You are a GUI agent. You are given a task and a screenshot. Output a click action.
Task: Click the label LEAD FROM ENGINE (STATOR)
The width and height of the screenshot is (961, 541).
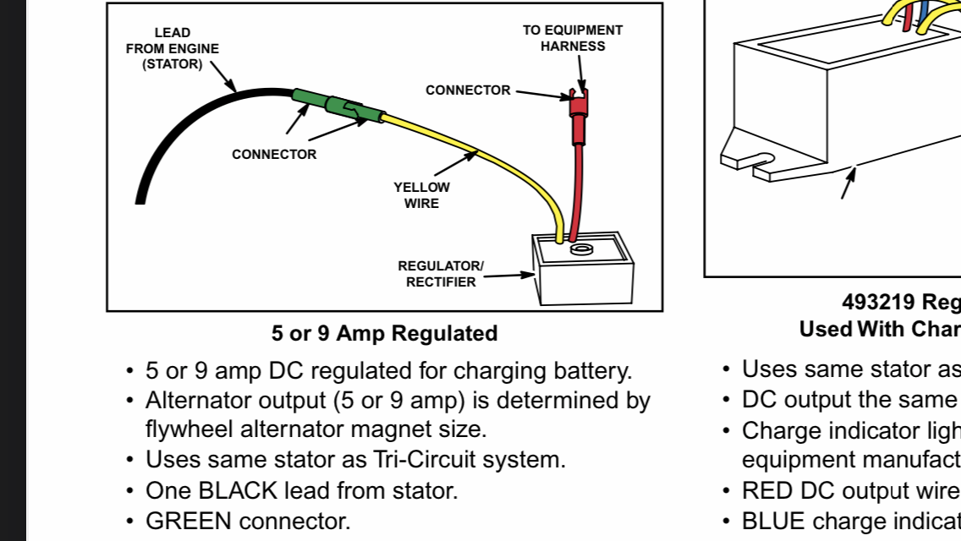173,48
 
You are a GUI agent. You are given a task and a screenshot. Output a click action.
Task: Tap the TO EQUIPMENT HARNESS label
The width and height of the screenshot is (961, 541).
572,38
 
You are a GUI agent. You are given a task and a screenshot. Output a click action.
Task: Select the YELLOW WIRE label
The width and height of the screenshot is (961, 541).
421,195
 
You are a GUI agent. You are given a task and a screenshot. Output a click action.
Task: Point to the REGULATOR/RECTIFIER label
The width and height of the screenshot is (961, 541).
441,274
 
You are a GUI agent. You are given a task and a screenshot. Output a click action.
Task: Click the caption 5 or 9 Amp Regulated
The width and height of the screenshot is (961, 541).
384,334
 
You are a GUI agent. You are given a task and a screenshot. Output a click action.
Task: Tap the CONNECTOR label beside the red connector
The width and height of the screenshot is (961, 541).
468,90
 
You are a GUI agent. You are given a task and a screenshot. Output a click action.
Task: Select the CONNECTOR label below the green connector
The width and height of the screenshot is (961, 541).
274,155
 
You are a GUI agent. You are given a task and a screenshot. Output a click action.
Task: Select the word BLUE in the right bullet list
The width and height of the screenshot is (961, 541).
771,522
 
